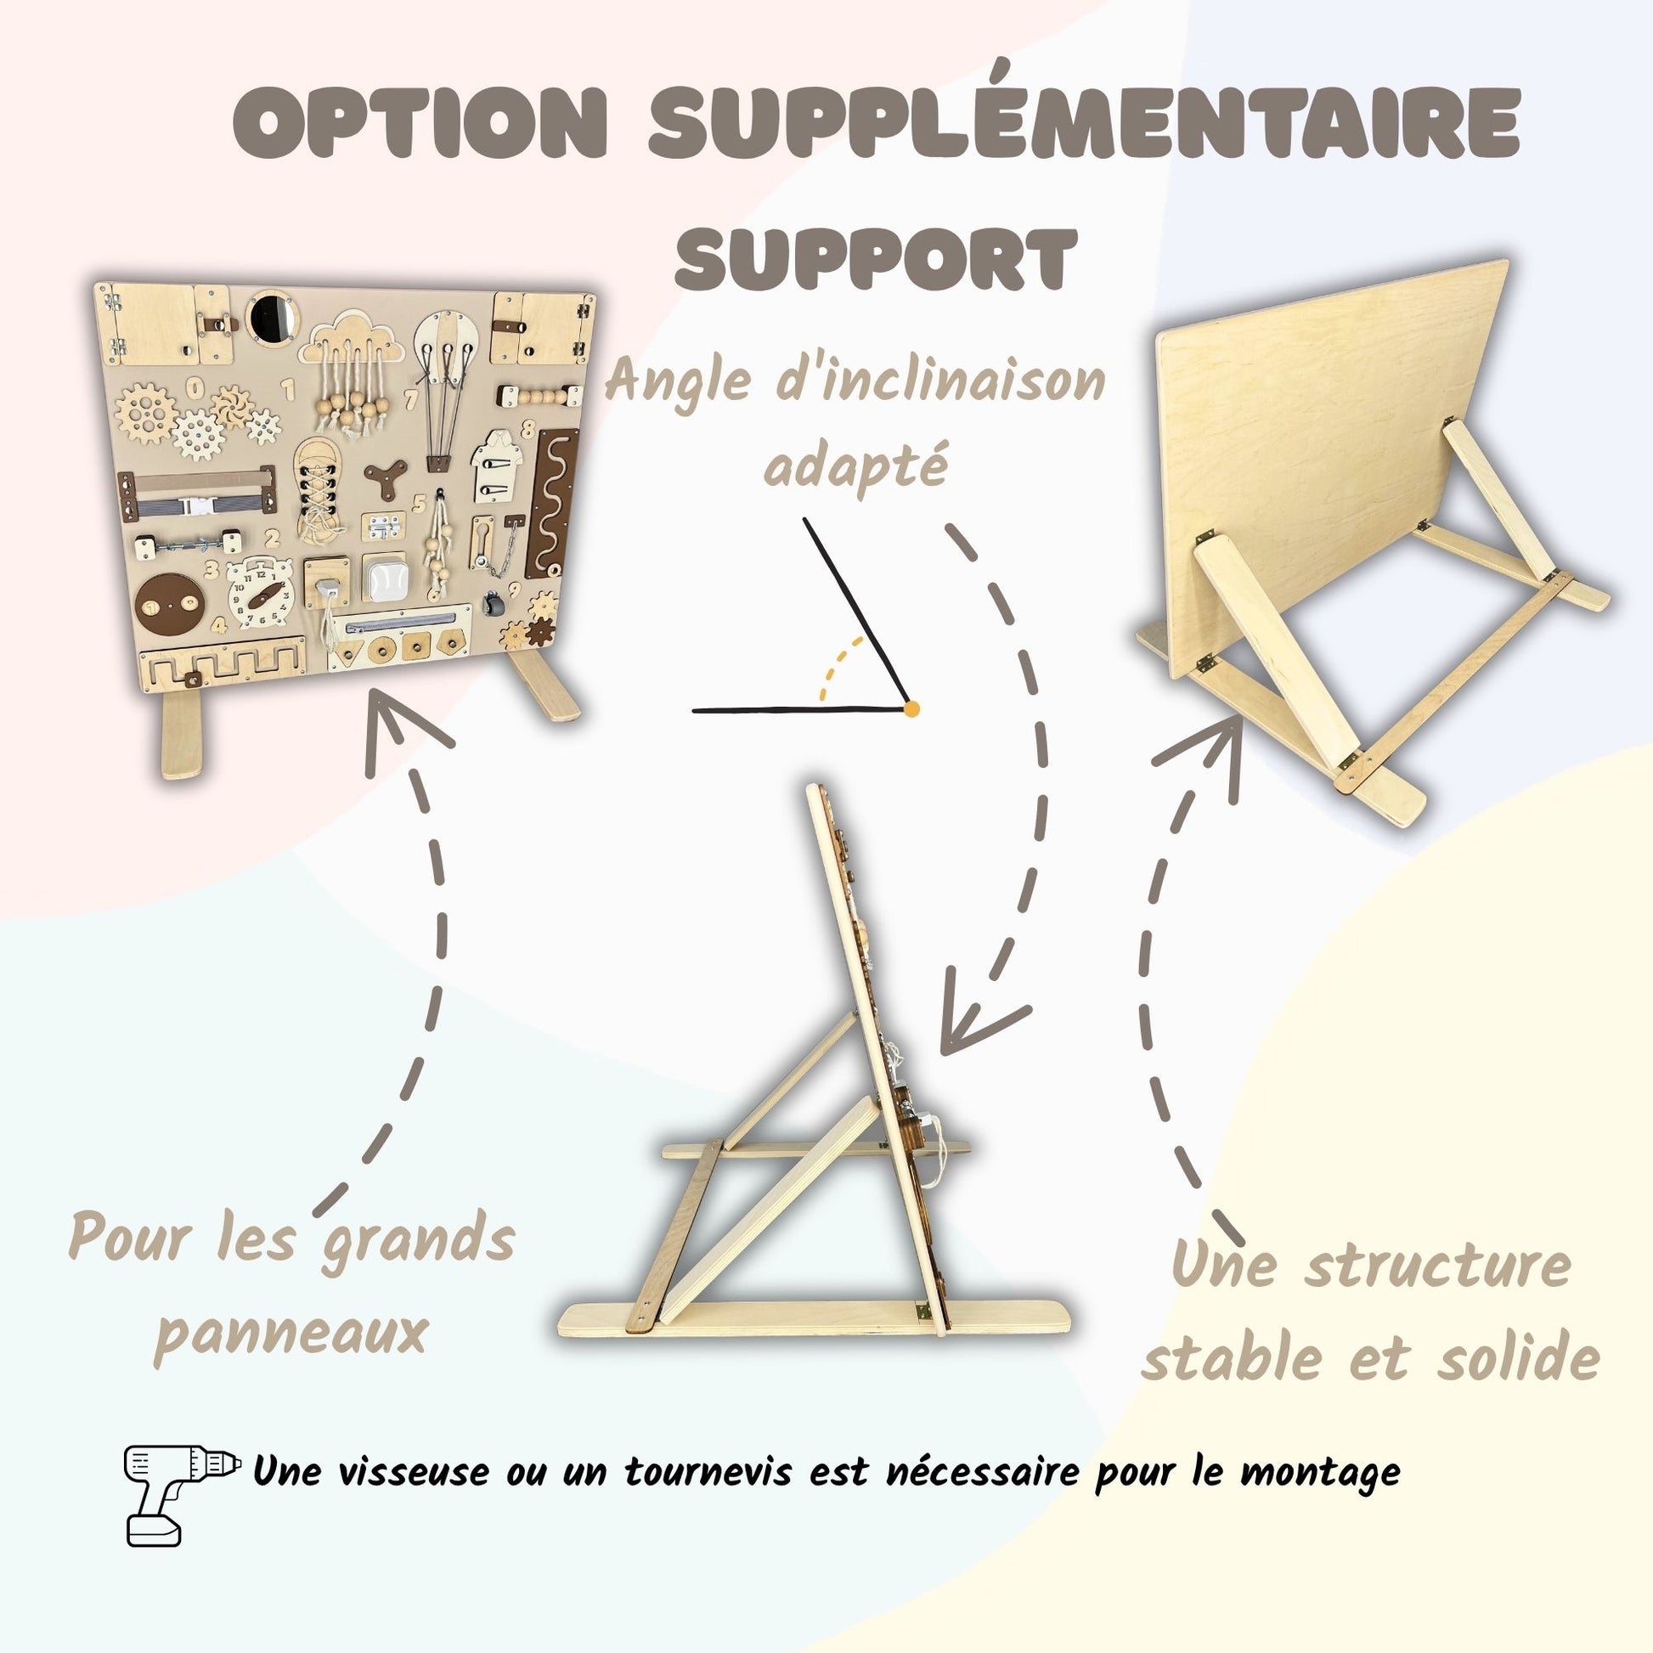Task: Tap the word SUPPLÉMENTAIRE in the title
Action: [1083, 120]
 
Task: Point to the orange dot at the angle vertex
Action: [911, 709]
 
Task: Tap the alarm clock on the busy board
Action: [260, 593]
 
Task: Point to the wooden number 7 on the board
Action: [411, 399]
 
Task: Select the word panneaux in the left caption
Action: [291, 1333]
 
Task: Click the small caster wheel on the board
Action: [491, 604]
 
